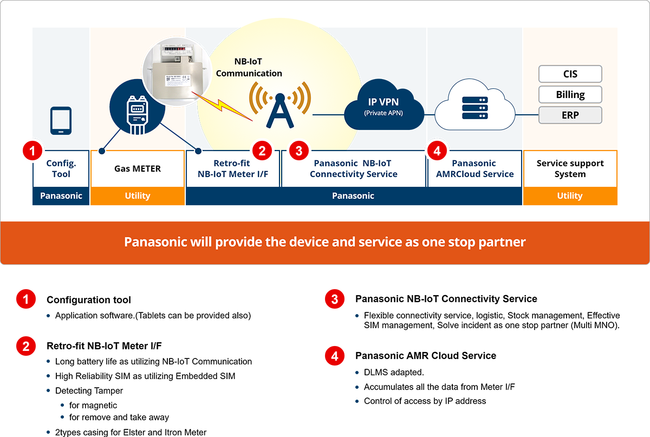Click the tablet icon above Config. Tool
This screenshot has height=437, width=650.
[61, 120]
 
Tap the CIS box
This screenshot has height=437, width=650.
[570, 74]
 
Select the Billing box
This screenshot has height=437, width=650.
[570, 95]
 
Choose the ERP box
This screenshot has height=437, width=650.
[570, 115]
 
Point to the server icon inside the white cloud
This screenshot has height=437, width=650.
[474, 108]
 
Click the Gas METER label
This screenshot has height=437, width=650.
[138, 168]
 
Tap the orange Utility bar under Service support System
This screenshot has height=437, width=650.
[570, 196]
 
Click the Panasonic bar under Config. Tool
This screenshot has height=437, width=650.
[61, 196]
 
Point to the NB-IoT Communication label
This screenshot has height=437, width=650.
[249, 68]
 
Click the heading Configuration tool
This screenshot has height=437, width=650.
[89, 299]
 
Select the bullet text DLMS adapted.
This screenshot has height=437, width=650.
[394, 373]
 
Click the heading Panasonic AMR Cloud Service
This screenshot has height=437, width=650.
[426, 356]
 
